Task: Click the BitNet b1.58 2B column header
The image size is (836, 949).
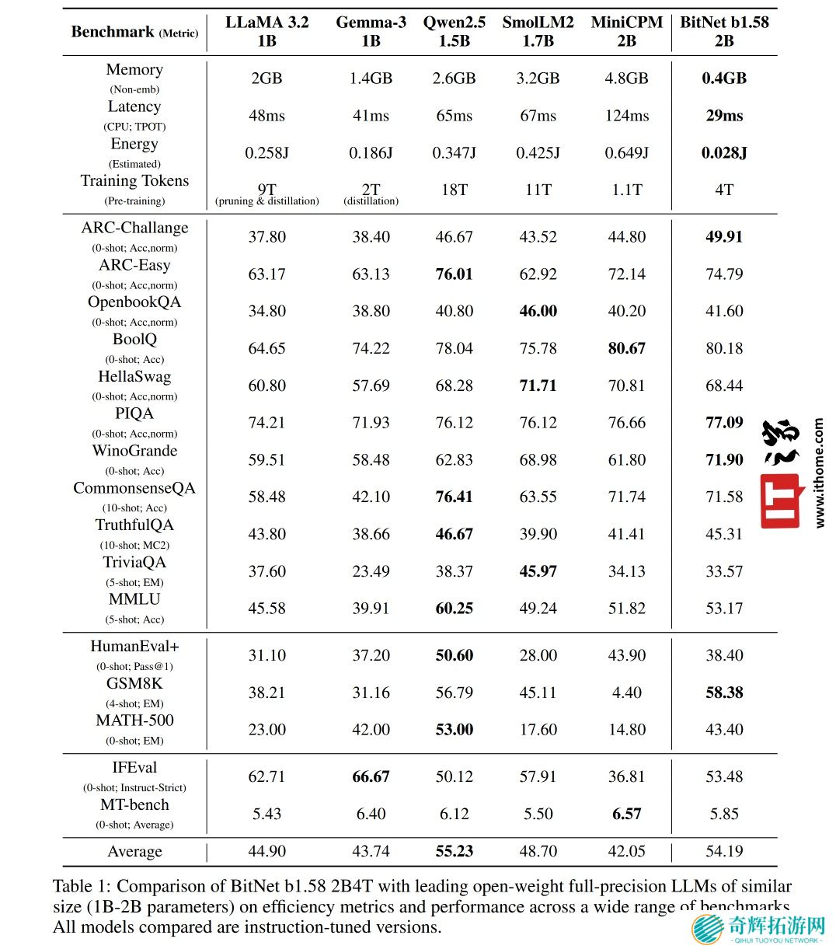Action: coord(724,31)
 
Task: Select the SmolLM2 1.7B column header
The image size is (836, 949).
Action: coord(538,31)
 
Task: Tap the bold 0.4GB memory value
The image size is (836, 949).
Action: coord(724,79)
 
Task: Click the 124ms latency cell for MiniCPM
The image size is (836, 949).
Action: coord(626,116)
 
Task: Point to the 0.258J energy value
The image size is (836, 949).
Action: coord(266,153)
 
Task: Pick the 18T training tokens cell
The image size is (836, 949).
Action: coord(454,190)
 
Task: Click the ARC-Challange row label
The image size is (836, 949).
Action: coord(134,229)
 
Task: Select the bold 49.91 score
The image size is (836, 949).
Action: coord(724,237)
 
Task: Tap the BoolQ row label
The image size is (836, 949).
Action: coord(134,340)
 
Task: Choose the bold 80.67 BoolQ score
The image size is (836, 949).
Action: coord(626,349)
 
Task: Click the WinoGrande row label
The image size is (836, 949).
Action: coord(134,452)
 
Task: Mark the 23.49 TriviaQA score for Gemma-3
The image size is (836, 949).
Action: coord(371,572)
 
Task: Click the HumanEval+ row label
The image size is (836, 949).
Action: coord(134,647)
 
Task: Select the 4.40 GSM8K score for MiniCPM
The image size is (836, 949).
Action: coord(626,693)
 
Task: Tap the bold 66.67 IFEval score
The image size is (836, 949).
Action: coord(371,777)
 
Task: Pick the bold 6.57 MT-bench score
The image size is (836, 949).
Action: coord(626,815)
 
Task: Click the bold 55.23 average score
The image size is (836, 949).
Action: coord(454,852)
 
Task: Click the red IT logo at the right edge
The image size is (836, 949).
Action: coord(780,501)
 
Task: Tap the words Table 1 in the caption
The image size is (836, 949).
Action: coord(82,887)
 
